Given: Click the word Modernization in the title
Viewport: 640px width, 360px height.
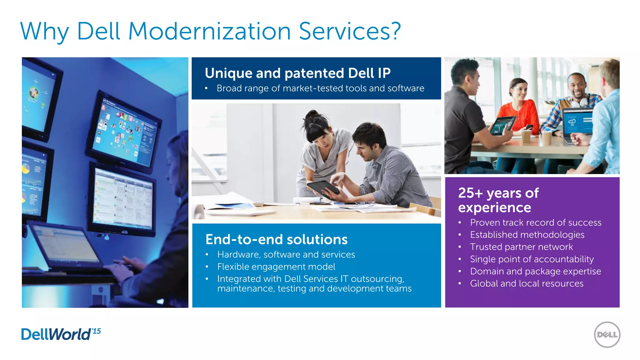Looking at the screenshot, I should click(209, 31).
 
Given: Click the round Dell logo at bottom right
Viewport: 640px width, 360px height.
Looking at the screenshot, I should click(607, 335).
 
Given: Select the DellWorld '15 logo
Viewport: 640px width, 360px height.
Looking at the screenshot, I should click(61, 334).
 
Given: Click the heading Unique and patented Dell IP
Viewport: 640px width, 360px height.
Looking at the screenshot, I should click(297, 73).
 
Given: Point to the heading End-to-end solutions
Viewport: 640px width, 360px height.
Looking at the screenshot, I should click(276, 239).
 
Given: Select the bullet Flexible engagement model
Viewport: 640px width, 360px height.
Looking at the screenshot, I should click(276, 267).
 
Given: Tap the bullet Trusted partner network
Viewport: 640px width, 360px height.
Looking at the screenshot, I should click(521, 247).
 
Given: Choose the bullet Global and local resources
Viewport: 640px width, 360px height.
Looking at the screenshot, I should click(527, 283).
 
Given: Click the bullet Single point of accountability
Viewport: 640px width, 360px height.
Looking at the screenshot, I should click(532, 259).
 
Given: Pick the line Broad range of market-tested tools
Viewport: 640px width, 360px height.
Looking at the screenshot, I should click(320, 88).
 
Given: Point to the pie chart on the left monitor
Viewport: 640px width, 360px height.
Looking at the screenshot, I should click(26, 169).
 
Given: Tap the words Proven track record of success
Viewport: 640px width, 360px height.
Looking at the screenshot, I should click(536, 222).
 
